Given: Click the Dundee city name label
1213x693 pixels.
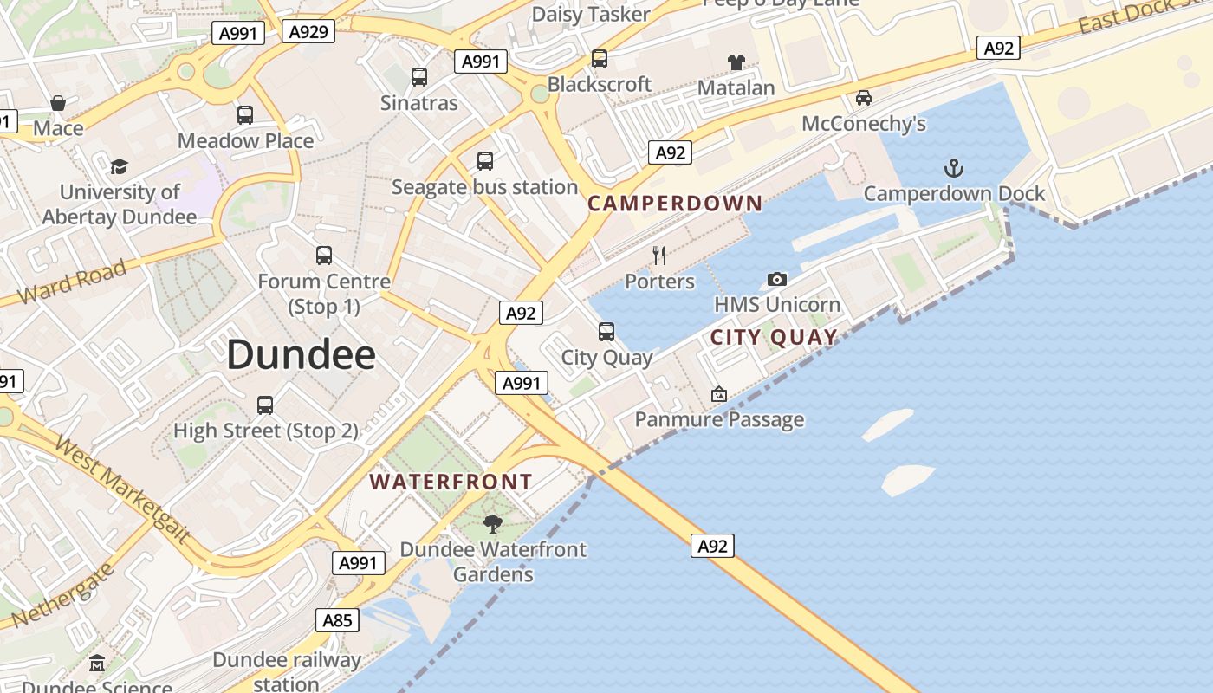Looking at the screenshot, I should pyautogui.click(x=301, y=355).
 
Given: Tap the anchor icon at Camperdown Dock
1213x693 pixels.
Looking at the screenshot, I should pyautogui.click(x=954, y=167).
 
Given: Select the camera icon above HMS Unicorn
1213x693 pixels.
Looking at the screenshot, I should pyautogui.click(x=777, y=279).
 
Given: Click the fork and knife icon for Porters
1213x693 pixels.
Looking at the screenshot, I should pyautogui.click(x=659, y=255).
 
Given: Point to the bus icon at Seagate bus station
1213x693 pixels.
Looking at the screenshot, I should pyautogui.click(x=485, y=161).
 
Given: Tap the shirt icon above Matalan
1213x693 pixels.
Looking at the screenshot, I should pyautogui.click(x=736, y=62).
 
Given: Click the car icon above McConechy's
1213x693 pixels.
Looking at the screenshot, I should pyautogui.click(x=864, y=98).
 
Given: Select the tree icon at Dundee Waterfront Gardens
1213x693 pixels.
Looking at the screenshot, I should pyautogui.click(x=493, y=523).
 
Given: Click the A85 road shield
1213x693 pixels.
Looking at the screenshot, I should pyautogui.click(x=337, y=620).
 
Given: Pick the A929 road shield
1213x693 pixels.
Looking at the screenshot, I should pyautogui.click(x=308, y=32).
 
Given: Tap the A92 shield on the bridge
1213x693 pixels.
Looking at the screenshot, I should pyautogui.click(x=712, y=546).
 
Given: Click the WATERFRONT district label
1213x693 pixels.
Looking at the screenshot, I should pyautogui.click(x=451, y=482).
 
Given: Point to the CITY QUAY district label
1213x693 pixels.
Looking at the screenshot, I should pyautogui.click(x=774, y=337).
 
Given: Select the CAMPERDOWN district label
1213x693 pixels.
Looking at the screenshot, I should pyautogui.click(x=675, y=204).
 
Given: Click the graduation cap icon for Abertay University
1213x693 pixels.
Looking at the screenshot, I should pyautogui.click(x=119, y=166).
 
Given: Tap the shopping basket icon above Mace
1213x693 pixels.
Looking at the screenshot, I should pyautogui.click(x=58, y=103).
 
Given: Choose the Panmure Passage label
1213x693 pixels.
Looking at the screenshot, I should pyautogui.click(x=719, y=420).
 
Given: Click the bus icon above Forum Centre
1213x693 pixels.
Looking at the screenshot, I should pyautogui.click(x=324, y=256).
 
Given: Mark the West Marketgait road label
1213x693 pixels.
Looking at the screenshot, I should pyautogui.click(x=122, y=490).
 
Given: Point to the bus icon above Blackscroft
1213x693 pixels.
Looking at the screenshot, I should pyautogui.click(x=599, y=59).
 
